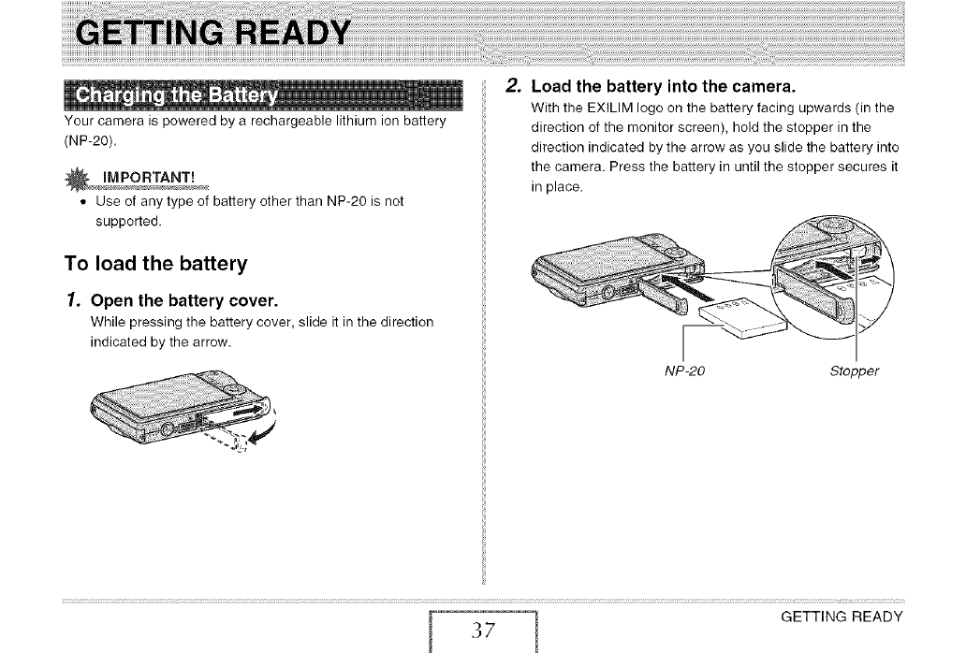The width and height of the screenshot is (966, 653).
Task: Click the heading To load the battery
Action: pos(154,263)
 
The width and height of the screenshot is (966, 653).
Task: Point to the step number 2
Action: pos(510,86)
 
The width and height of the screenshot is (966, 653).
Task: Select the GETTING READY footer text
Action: pos(841,616)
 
